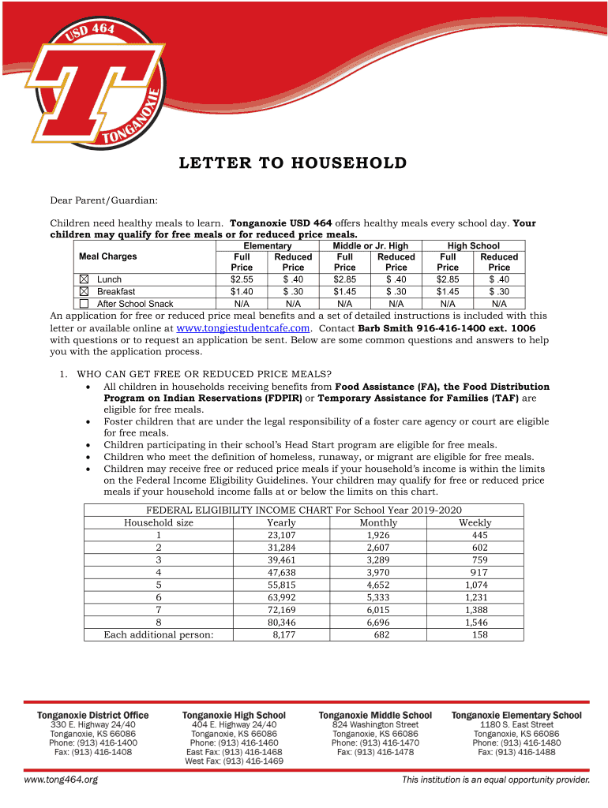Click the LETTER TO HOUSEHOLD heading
(293, 163)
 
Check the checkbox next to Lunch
(84, 279)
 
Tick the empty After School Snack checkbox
(84, 304)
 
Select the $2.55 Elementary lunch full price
(242, 279)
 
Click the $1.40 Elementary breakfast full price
(242, 291)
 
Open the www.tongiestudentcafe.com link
(243, 327)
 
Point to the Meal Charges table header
(108, 256)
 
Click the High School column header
(473, 246)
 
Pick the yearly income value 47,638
(282, 572)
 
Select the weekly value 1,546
(475, 623)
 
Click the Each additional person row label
(159, 634)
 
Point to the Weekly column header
(475, 522)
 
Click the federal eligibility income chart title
(304, 510)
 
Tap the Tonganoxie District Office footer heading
(93, 715)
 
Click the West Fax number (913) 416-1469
(234, 761)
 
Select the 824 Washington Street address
(375, 724)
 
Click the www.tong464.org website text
(61, 780)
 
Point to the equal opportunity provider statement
(495, 780)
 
